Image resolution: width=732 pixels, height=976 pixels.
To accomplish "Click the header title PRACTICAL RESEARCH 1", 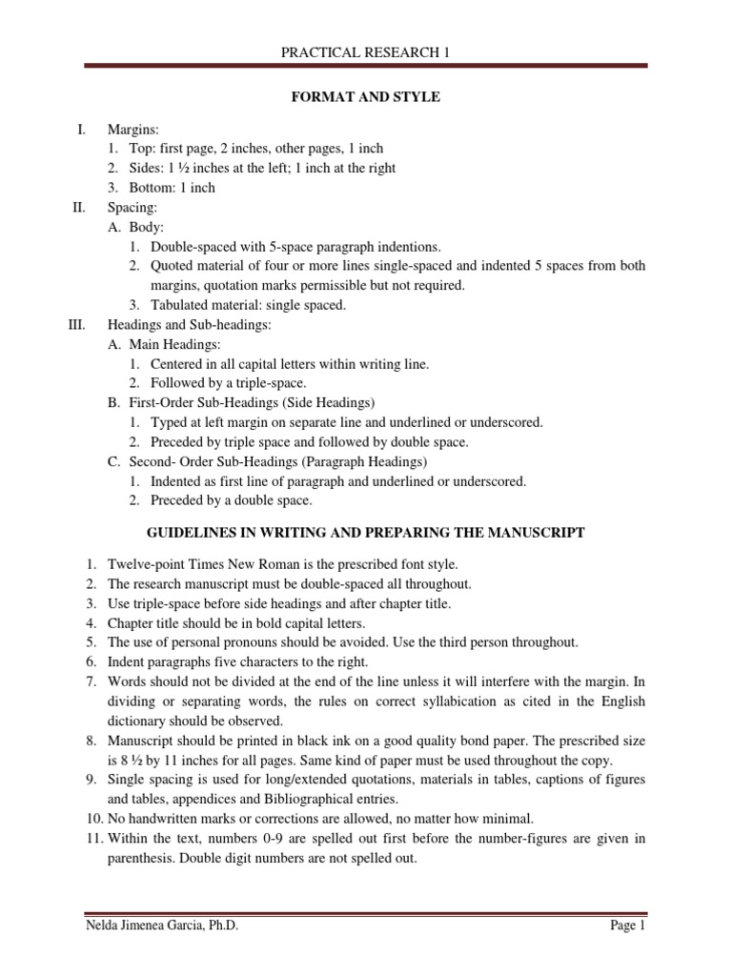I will click(x=365, y=53).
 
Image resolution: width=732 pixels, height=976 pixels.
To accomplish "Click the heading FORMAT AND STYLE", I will click(x=366, y=97).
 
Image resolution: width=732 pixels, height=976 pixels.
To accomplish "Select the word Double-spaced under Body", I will click(x=193, y=246).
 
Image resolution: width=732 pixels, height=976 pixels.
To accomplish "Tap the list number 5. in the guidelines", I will click(x=90, y=641).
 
